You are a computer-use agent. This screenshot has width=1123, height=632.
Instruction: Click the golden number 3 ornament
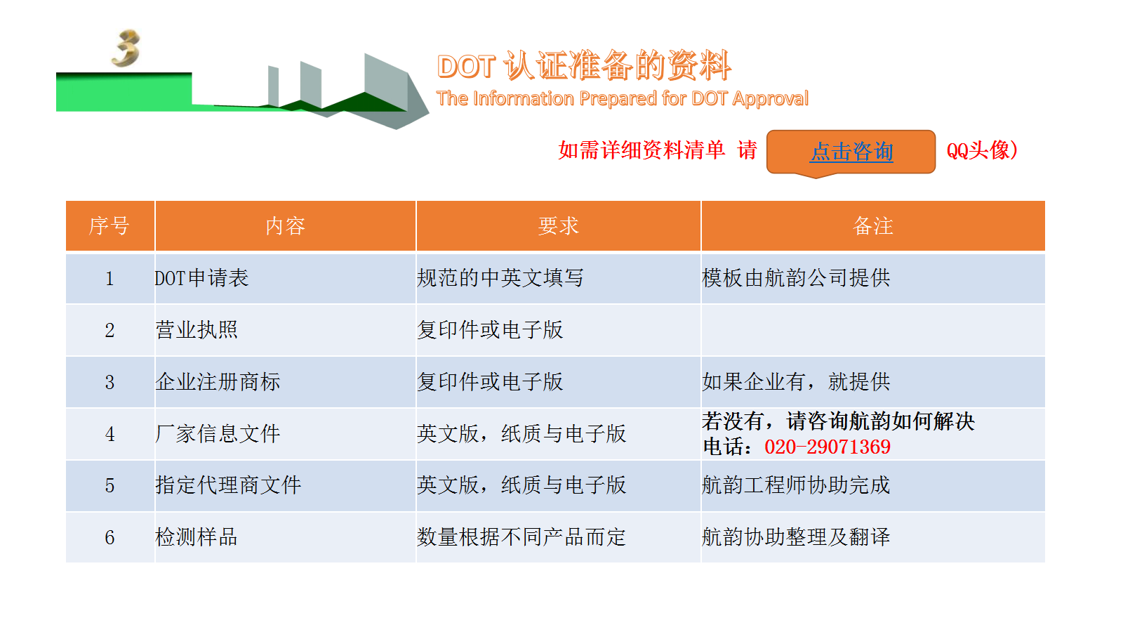126,48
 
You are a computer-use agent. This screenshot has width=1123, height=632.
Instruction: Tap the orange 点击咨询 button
851,152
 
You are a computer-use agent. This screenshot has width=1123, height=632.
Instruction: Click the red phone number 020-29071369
828,447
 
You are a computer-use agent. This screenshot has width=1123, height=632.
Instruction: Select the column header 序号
109,226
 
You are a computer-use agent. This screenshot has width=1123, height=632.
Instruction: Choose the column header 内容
285,226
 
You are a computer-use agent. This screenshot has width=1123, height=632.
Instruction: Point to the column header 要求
558,226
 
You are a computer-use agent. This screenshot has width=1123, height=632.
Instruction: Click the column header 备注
873,226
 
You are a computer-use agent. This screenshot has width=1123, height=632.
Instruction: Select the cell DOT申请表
201,278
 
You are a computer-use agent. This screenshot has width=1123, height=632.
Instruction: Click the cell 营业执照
197,330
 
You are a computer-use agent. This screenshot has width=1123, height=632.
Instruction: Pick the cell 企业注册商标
218,382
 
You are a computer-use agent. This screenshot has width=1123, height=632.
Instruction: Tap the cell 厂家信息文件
218,434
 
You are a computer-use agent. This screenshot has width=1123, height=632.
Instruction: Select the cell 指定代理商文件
228,485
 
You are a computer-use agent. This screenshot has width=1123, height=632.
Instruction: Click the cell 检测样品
197,537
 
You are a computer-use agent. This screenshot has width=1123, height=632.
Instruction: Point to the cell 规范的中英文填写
500,278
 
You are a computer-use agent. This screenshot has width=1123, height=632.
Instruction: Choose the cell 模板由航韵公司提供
796,278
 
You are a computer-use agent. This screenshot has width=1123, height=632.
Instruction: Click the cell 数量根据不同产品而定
521,537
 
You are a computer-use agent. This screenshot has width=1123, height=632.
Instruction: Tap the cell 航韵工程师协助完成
796,485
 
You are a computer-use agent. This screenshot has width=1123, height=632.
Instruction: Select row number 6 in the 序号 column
109,538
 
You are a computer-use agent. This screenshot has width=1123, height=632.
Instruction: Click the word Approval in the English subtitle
770,99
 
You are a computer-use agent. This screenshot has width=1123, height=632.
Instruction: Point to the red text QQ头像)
982,150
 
